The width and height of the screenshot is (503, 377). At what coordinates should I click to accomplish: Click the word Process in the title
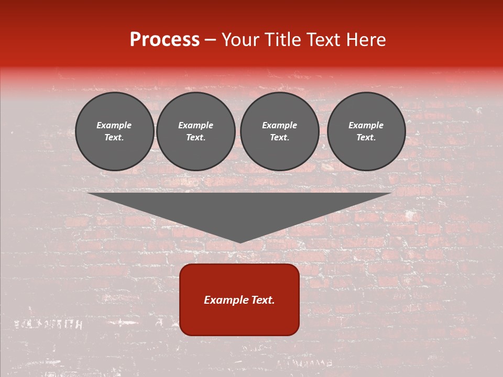(x=165, y=40)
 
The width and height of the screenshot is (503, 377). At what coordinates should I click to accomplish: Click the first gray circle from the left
(x=115, y=131)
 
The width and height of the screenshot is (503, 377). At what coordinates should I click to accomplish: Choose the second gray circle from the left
(x=196, y=131)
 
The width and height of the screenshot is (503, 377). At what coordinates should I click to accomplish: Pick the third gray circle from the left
(x=280, y=131)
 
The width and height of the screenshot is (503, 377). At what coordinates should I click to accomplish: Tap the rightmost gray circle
(x=366, y=131)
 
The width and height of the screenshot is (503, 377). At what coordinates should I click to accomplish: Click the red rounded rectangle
(x=239, y=319)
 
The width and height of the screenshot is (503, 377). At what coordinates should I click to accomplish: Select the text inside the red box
(x=239, y=300)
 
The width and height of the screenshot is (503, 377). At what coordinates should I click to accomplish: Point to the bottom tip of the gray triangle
(x=240, y=242)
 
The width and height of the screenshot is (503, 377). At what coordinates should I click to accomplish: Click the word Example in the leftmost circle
(x=114, y=125)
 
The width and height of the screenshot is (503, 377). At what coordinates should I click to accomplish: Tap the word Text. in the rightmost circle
(x=366, y=138)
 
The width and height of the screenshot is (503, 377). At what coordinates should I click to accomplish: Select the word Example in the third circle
(x=280, y=125)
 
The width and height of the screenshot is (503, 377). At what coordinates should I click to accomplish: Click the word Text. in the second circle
(x=196, y=138)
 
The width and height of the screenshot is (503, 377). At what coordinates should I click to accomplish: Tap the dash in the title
(x=211, y=40)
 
